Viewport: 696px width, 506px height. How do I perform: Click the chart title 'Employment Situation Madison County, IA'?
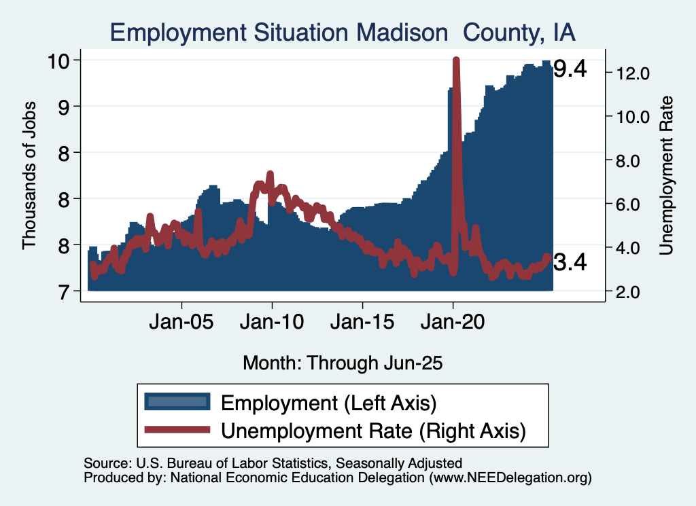[343, 32]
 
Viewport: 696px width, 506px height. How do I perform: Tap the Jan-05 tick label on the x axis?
[182, 320]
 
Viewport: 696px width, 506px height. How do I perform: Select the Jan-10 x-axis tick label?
[272, 320]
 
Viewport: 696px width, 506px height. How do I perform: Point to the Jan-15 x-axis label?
[362, 320]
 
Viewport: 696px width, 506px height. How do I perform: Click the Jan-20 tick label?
[453, 320]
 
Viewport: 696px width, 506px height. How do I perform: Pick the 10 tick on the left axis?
[60, 60]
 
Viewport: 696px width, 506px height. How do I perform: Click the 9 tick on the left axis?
[66, 107]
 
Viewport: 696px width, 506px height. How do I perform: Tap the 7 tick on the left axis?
[66, 291]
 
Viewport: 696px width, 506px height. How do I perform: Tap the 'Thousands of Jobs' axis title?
[29, 175]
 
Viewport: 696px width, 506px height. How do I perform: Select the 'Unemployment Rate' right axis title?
[666, 175]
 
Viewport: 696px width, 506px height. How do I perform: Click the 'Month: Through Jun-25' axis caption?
[343, 363]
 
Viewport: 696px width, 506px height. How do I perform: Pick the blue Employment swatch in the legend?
[177, 401]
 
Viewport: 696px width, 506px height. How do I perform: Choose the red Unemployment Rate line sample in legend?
[177, 429]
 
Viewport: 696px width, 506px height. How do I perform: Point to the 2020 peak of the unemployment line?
[456, 60]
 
